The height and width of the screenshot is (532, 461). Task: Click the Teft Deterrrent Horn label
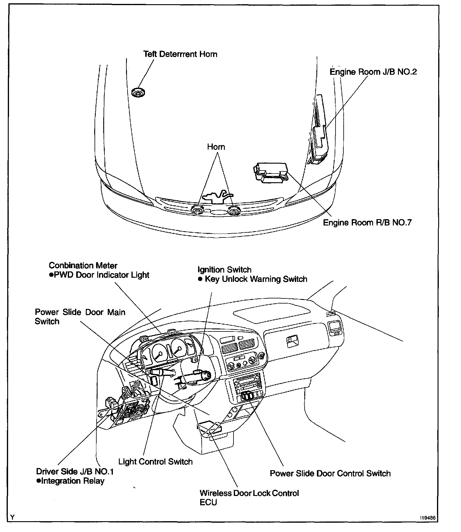[180, 54]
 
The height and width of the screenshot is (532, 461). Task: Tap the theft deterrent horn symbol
[138, 93]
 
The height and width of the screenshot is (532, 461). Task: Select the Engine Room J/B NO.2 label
[373, 72]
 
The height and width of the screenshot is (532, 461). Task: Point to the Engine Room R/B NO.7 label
[367, 223]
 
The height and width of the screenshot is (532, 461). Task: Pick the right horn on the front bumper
[233, 210]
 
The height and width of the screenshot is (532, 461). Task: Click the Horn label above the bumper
[216, 147]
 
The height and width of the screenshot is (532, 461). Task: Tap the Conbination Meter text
[83, 266]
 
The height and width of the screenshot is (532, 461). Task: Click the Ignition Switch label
[224, 270]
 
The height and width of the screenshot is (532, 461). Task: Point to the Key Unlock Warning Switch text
[256, 279]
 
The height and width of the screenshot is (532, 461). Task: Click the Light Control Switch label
[155, 462]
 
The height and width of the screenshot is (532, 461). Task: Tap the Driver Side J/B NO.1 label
[75, 472]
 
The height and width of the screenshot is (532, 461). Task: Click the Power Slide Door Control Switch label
[330, 474]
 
